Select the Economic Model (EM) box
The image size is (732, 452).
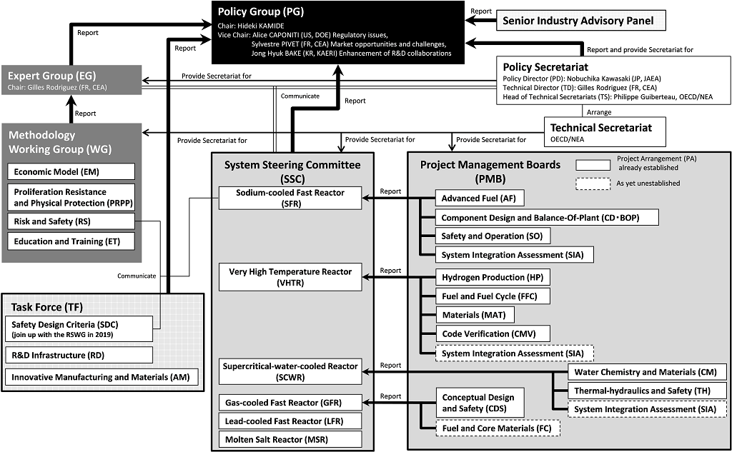coord(71,171)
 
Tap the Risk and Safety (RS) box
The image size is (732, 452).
coord(71,222)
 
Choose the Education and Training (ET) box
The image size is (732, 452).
coord(71,241)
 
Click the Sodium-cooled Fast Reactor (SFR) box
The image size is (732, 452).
coord(290,198)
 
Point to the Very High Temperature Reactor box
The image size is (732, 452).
coord(290,277)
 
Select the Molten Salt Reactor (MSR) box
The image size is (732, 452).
coord(290,439)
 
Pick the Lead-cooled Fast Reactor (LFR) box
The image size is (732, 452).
coord(290,421)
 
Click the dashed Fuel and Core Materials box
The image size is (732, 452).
coord(498,428)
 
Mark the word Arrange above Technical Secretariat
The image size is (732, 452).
coord(599,112)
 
